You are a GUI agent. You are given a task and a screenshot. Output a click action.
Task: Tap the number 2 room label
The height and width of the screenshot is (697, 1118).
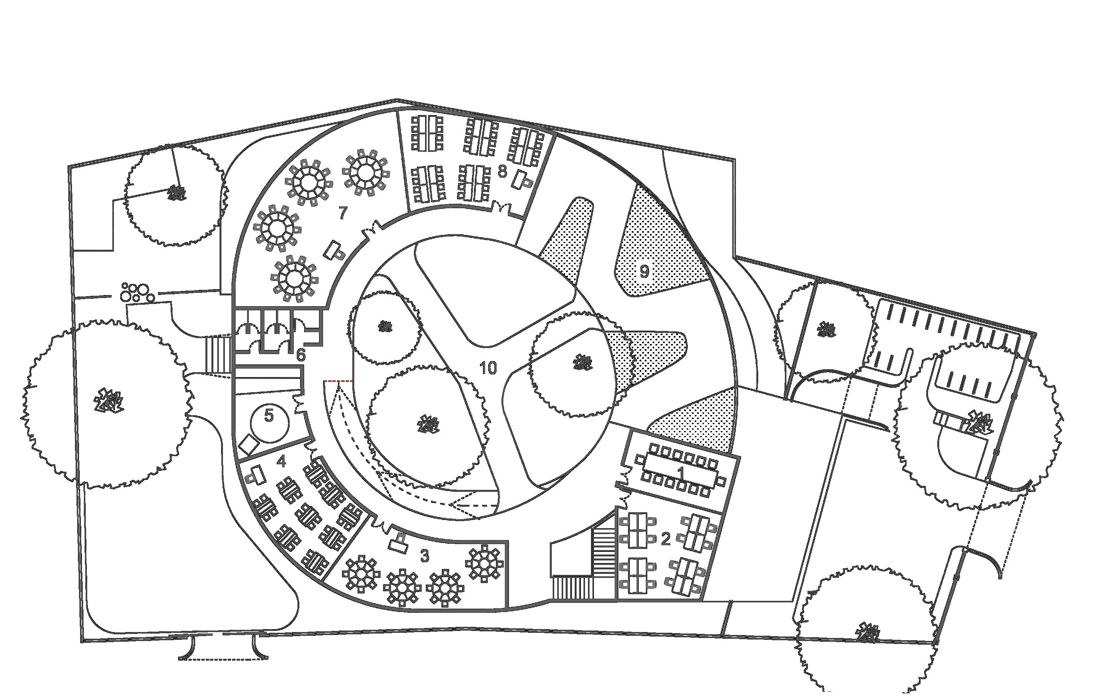point(665,539)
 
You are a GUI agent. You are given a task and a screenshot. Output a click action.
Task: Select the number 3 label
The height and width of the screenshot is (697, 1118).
point(424,556)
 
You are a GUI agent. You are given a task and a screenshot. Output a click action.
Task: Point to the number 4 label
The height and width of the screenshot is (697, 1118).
point(281,461)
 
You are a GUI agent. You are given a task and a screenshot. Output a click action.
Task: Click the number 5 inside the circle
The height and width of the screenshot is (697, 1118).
point(269,416)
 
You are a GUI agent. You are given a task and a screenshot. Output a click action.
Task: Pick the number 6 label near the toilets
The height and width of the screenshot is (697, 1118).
point(300,355)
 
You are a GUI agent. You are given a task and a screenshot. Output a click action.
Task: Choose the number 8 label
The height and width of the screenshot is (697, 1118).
point(502,172)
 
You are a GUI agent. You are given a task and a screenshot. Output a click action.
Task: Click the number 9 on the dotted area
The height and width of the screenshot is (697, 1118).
point(644,272)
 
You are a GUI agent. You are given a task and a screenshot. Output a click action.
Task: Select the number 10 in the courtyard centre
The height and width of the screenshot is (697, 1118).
point(488,368)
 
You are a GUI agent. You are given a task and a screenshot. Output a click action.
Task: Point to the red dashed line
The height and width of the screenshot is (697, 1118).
point(338,381)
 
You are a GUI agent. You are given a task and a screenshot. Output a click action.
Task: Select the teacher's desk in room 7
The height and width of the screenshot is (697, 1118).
point(335,250)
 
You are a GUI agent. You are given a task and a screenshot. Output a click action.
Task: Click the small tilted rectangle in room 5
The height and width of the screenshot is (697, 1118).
point(249,444)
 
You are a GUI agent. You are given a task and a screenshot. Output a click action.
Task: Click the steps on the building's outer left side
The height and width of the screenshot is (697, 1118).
point(219,355)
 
